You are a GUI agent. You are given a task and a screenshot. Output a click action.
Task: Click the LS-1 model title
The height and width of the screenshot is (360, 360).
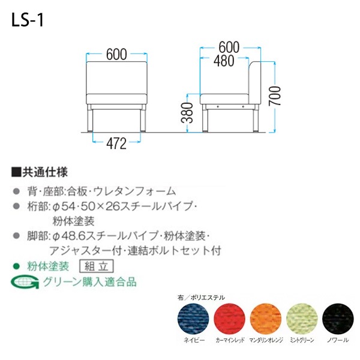pyautogui.click(x=28, y=21)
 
